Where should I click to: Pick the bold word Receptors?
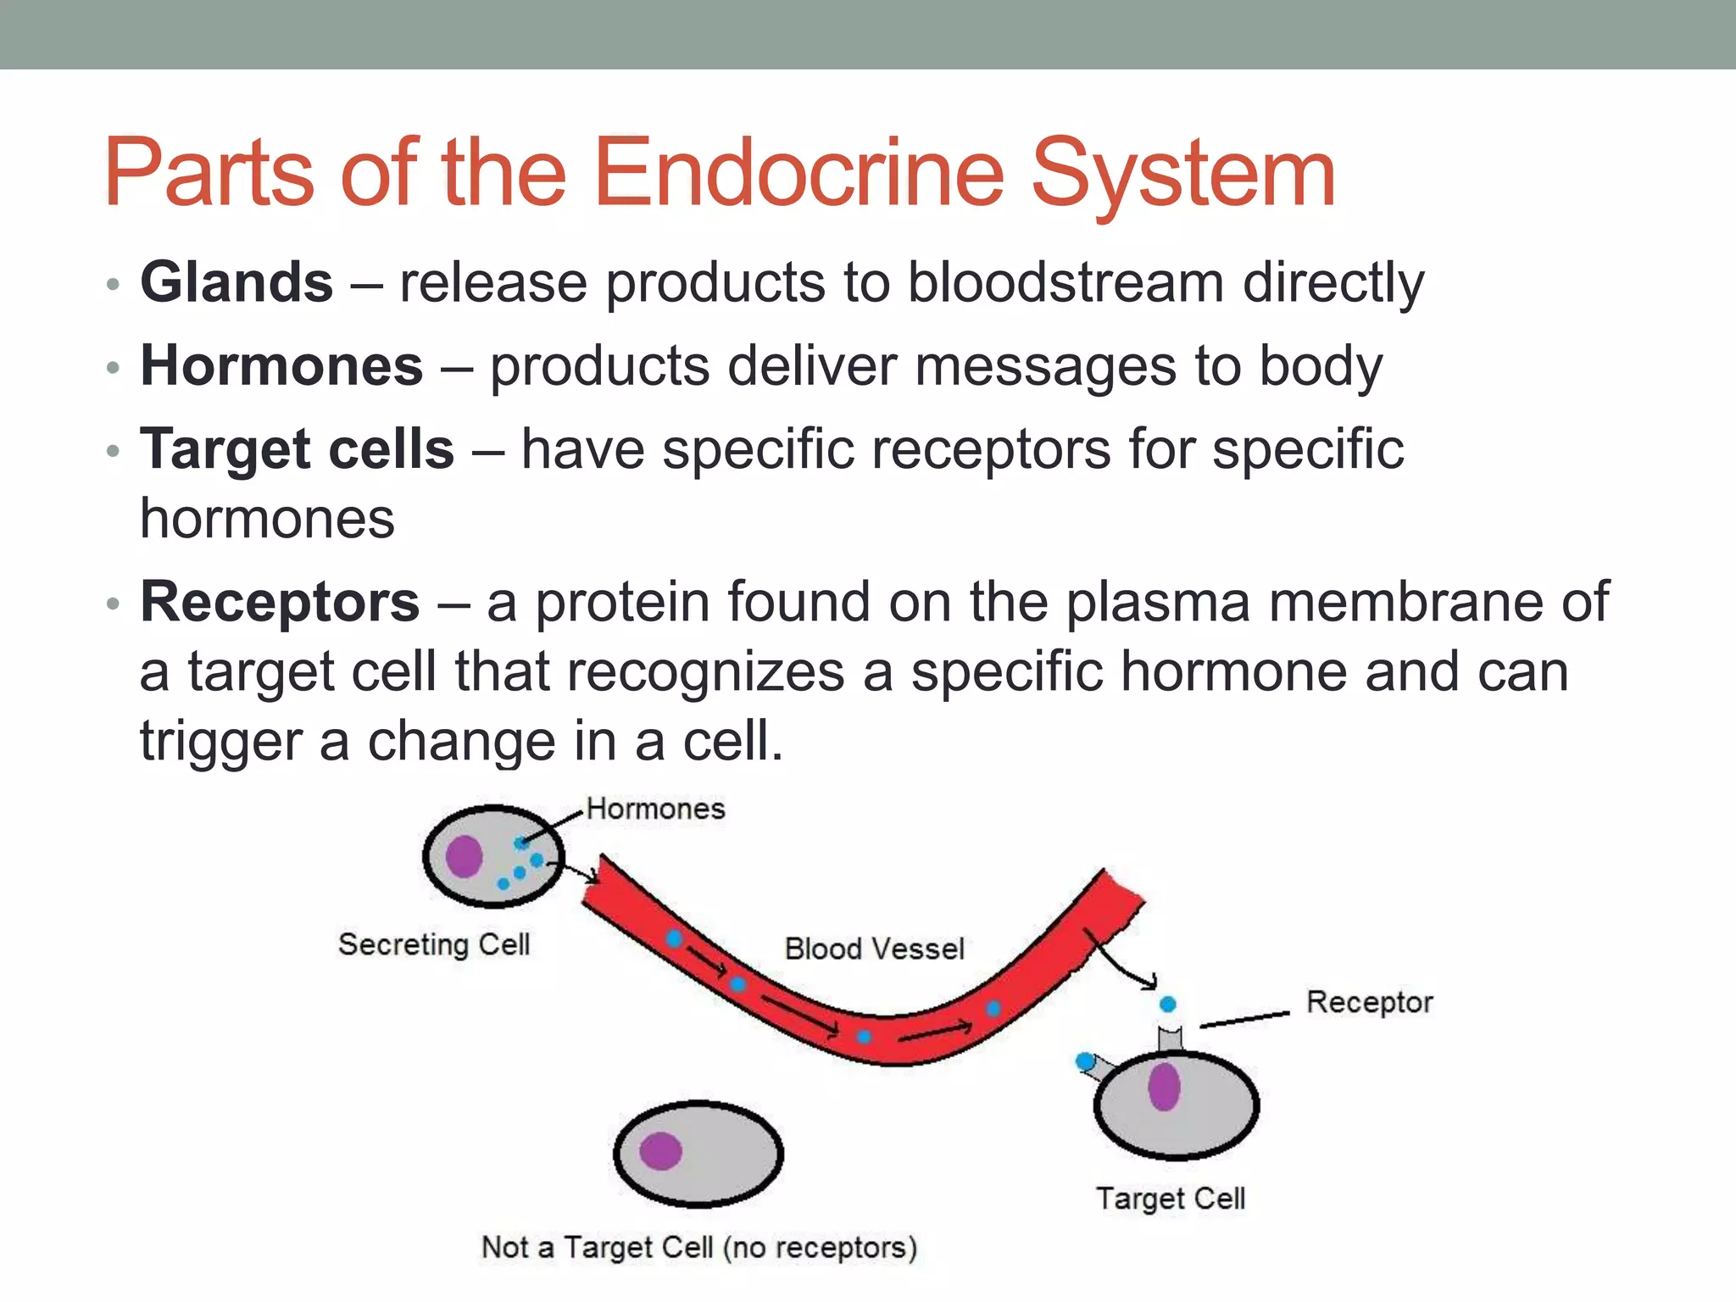coord(280,602)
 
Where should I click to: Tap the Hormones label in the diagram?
coord(655,809)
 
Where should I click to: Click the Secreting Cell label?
coord(434,944)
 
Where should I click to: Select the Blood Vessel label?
coord(874,949)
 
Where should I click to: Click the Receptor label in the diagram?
coord(1369,1002)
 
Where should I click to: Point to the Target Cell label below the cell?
coord(1171,1199)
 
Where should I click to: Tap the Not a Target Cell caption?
coord(699,1248)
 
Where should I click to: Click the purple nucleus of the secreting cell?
coord(464,856)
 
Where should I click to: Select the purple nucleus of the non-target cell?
coord(660,1151)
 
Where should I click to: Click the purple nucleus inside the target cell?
coord(1164,1087)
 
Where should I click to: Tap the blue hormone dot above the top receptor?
coord(1168,1004)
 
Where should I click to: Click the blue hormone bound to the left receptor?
coord(1084,1060)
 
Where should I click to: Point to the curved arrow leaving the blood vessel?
coord(1119,962)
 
